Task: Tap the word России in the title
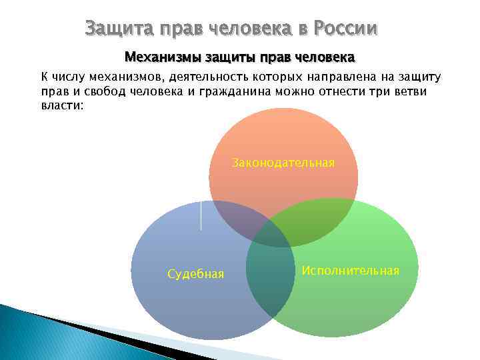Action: coord(342,29)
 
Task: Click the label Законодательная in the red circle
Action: coord(283,162)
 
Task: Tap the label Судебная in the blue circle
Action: coord(195,274)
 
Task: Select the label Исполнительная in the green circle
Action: coord(350,270)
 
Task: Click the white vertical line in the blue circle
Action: coord(201,215)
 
